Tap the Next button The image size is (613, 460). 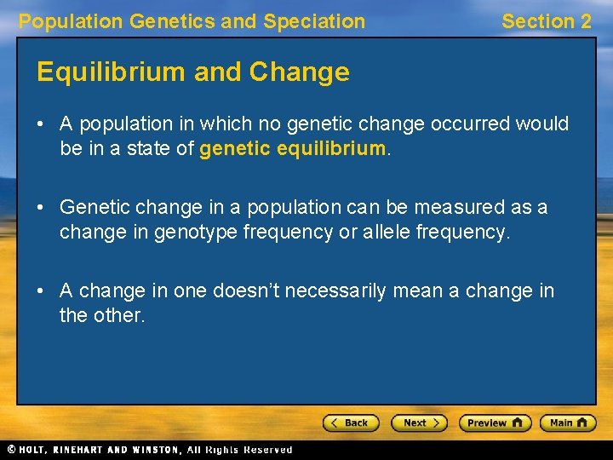[419, 423]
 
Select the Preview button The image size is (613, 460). [495, 423]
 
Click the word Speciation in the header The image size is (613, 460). [314, 21]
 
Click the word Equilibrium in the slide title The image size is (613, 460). [112, 72]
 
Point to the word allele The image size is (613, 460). [388, 233]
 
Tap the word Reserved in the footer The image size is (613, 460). [268, 450]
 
